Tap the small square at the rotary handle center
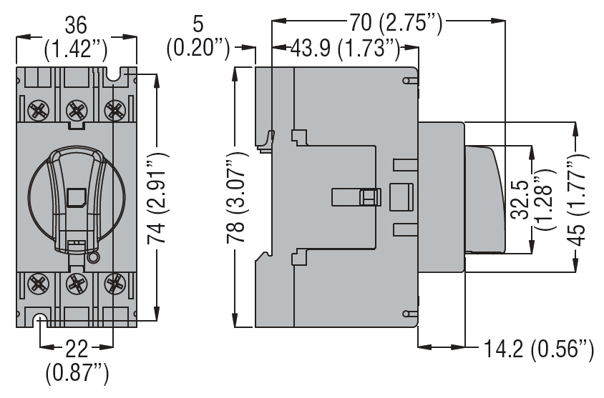75,197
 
